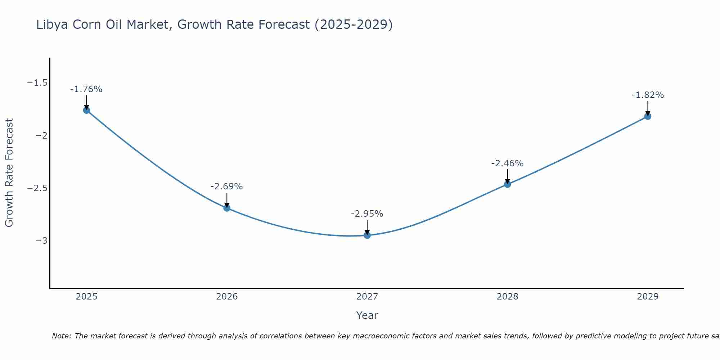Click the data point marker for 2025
pos(86,110)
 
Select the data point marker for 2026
pos(227,208)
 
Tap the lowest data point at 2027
pos(367,235)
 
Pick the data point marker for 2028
pos(507,184)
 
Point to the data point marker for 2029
pos(648,116)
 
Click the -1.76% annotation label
pos(86,89)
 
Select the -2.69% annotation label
pos(227,186)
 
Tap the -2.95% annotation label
pos(367,214)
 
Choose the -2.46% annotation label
pos(507,163)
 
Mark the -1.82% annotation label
pos(648,95)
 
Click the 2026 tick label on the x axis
pos(227,297)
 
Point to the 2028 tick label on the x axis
pos(507,297)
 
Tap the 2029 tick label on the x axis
pos(648,297)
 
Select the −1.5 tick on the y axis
pos(37,83)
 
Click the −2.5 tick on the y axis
pos(37,188)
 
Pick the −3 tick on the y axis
pos(41,241)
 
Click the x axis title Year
pos(367,315)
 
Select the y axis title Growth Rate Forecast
pos(9,173)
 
